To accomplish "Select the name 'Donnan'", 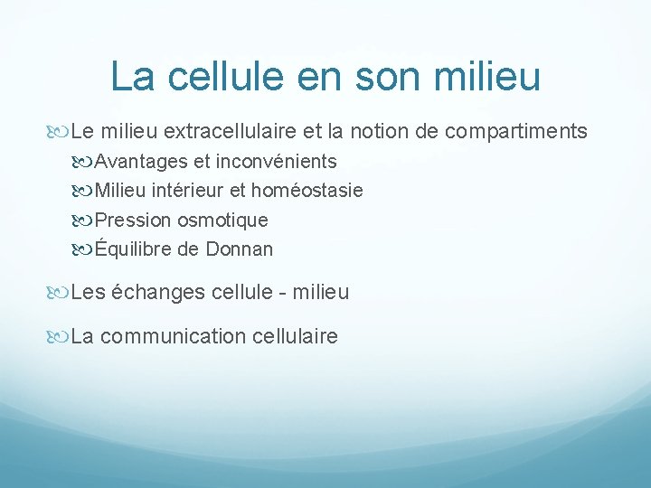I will click(x=238, y=249).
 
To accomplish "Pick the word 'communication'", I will click(x=172, y=337).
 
